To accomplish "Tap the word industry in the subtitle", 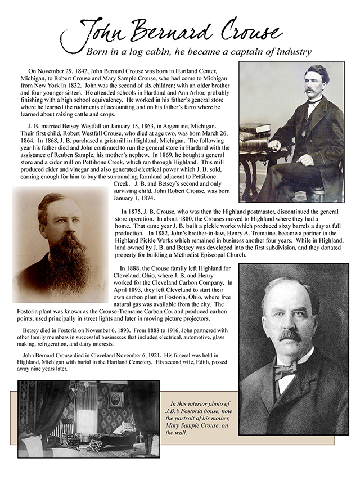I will (x=290, y=52).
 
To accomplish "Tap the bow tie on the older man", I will (x=285, y=370).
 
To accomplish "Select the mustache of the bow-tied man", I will (x=290, y=336).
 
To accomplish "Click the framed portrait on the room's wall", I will (x=116, y=399).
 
